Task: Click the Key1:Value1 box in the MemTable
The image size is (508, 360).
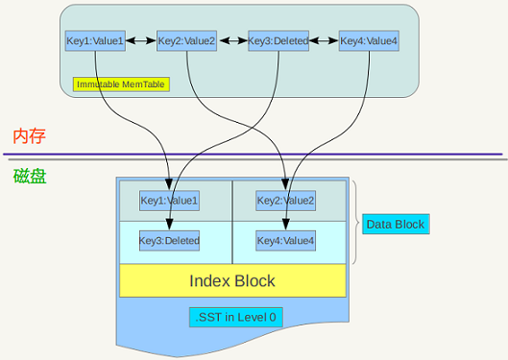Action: click(95, 40)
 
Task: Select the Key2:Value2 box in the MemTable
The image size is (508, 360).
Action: click(187, 40)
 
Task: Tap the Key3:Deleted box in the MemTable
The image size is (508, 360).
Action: click(278, 40)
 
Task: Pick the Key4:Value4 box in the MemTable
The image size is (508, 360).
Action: click(369, 40)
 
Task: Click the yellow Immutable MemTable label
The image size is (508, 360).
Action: click(121, 84)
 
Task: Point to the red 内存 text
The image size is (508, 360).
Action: click(29, 136)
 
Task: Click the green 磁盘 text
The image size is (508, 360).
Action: click(29, 176)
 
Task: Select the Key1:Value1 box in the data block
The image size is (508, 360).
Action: click(169, 201)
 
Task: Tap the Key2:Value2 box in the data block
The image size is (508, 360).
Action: click(285, 201)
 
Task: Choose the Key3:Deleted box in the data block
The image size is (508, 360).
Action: click(169, 240)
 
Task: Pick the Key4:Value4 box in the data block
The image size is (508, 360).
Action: click(285, 240)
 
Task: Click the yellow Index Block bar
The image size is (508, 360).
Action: click(232, 280)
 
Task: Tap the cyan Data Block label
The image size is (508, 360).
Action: click(395, 225)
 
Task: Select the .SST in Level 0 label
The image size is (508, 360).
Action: click(235, 317)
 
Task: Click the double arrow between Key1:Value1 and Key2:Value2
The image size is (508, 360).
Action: click(140, 40)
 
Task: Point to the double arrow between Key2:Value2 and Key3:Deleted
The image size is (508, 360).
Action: click(231, 40)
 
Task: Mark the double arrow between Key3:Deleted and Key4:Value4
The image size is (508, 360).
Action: click(323, 40)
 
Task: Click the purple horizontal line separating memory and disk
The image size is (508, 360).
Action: click(254, 154)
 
